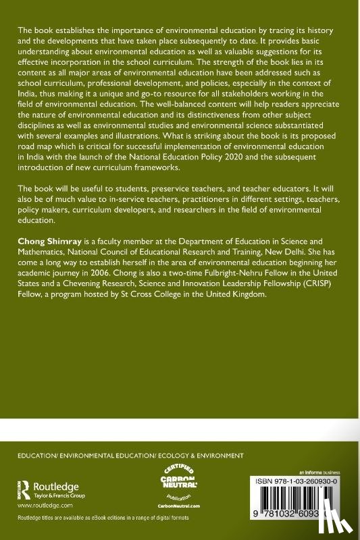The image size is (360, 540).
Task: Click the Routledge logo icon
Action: click(x=25, y=488)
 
